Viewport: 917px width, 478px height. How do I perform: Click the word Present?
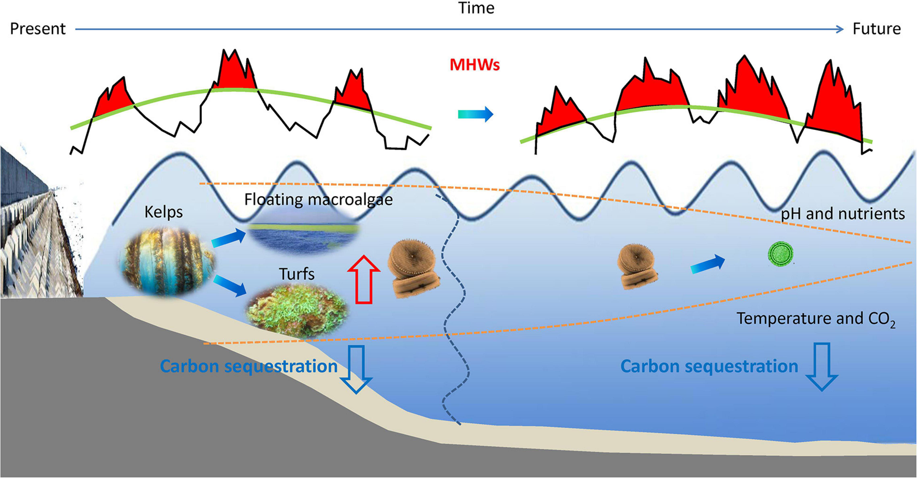point(38,28)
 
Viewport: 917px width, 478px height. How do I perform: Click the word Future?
point(876,28)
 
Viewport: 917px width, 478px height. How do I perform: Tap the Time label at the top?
point(476,8)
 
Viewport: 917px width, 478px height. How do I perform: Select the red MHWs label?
point(475,65)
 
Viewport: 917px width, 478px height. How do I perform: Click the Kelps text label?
point(164,212)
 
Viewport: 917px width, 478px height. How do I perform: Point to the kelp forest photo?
point(167,261)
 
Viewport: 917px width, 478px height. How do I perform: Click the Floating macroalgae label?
point(318,200)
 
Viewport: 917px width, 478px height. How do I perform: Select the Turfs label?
point(297,274)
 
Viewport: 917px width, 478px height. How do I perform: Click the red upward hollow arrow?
point(363,279)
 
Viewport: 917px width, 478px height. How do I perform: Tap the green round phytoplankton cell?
point(780,255)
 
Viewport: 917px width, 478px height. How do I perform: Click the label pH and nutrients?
point(842,214)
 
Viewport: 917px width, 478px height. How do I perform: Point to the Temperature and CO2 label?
point(815,319)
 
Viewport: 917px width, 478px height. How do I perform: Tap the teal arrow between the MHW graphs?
point(475,114)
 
